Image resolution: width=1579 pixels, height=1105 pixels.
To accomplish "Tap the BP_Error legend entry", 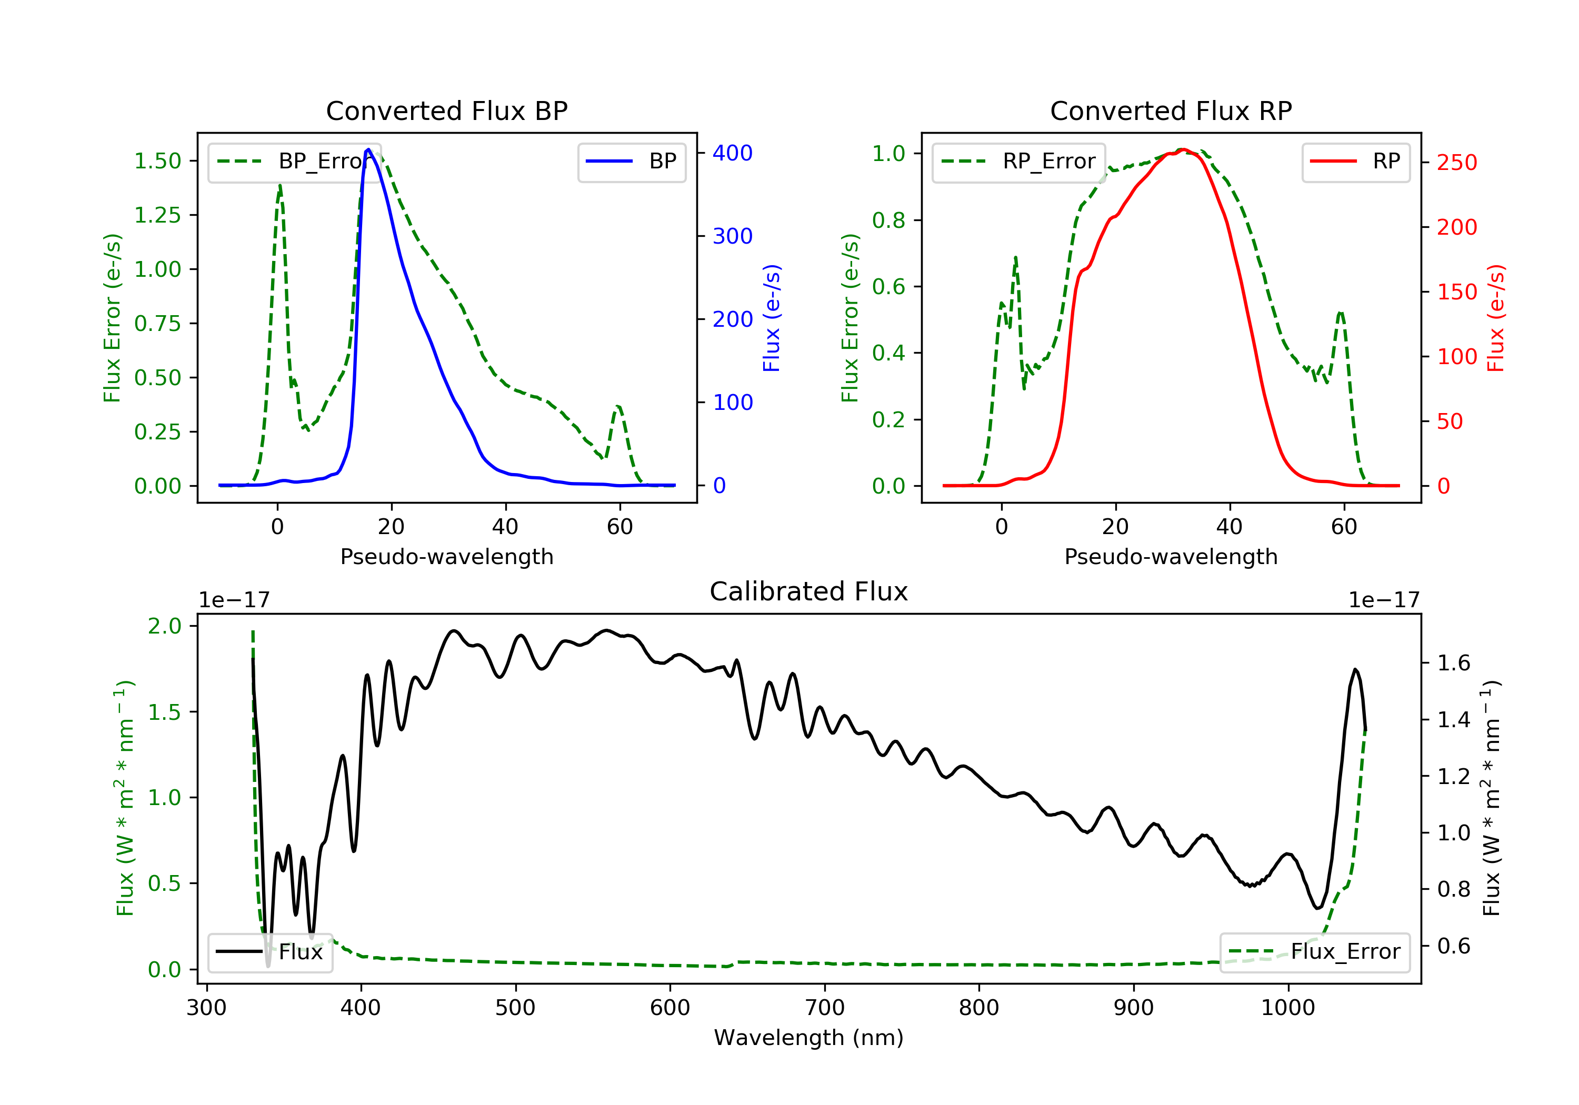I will click(294, 162).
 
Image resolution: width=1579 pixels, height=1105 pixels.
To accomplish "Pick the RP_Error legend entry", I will click(1018, 162).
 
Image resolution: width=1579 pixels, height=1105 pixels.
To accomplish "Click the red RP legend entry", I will click(1355, 162).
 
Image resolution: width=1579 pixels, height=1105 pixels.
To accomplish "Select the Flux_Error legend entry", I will click(1314, 952).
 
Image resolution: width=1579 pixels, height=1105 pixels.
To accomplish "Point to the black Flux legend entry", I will click(271, 952).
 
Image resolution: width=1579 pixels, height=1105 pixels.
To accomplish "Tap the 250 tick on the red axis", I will click(1456, 163).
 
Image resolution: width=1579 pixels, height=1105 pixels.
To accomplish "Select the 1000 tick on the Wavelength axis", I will click(1287, 1008).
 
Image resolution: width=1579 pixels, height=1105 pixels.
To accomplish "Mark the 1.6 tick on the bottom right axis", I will click(1453, 664).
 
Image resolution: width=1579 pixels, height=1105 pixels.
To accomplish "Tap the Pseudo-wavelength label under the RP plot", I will click(1171, 557).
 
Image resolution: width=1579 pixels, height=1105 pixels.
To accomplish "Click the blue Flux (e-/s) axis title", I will click(772, 318).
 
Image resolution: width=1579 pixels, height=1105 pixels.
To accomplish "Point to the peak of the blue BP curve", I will click(368, 149).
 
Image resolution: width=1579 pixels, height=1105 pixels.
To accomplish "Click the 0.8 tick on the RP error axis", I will click(888, 220).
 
